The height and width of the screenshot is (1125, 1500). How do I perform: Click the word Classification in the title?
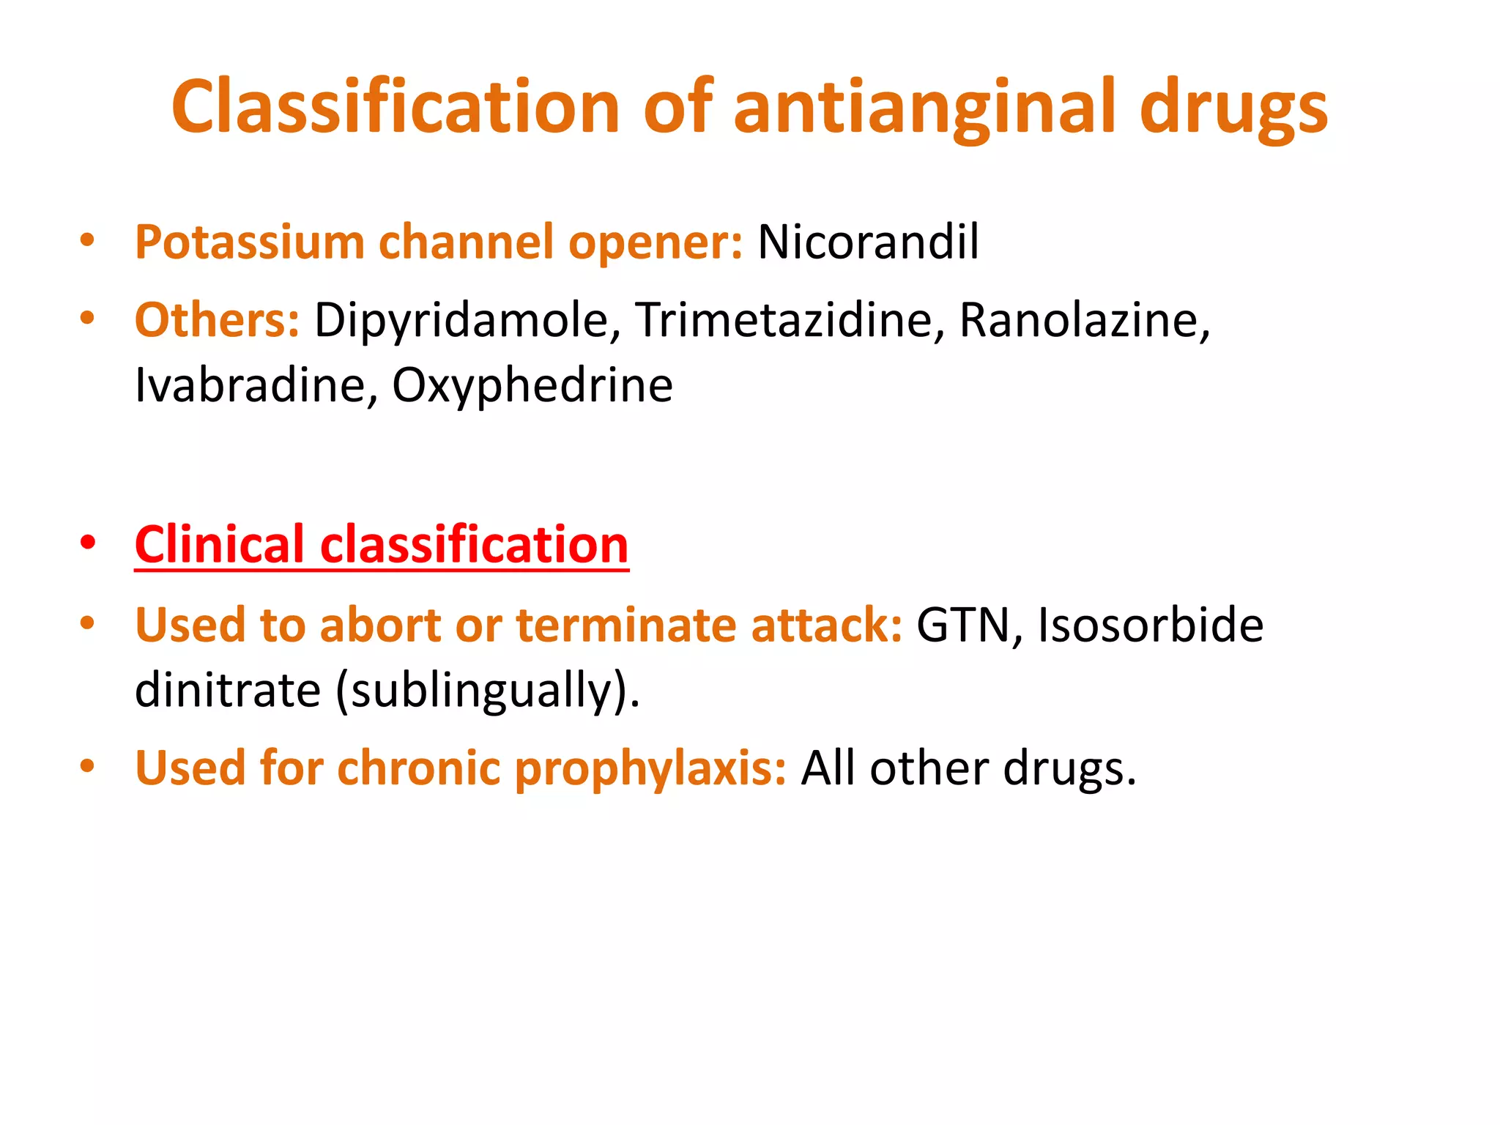[396, 107]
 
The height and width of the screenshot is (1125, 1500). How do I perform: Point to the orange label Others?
[217, 320]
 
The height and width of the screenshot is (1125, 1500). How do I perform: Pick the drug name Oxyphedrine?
[532, 385]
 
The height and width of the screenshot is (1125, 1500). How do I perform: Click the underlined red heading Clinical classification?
[382, 545]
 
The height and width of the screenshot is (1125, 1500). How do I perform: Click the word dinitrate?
[228, 690]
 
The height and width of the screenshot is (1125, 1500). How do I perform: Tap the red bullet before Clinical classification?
[88, 543]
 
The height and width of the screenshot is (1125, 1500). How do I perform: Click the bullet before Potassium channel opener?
[88, 240]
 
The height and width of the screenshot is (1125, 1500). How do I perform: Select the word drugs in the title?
[1233, 107]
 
